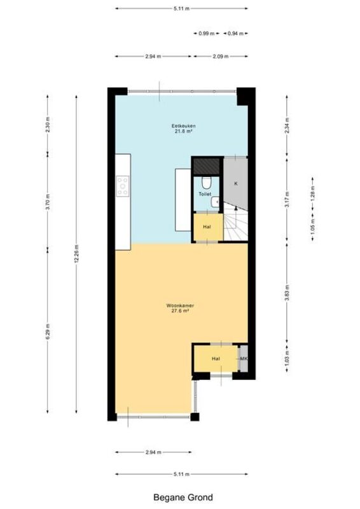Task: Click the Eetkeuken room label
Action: [x=183, y=126]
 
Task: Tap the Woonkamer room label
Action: [x=180, y=305]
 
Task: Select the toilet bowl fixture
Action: [x=206, y=183]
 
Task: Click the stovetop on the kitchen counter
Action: [x=123, y=186]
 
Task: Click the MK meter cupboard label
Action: [x=244, y=359]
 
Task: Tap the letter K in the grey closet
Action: [x=236, y=183]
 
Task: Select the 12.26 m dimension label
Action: [x=76, y=254]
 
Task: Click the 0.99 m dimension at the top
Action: [x=207, y=33]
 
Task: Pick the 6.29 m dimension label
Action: [x=48, y=331]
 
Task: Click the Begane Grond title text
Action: [x=183, y=498]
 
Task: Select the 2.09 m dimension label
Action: [x=221, y=57]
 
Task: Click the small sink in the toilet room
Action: [x=215, y=202]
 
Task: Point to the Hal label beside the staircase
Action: [x=207, y=227]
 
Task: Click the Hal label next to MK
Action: [x=216, y=359]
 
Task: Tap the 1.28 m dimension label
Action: [x=312, y=193]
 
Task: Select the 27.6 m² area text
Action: [x=180, y=310]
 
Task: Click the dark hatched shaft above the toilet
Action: [x=206, y=166]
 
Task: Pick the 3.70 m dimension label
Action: [x=48, y=202]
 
